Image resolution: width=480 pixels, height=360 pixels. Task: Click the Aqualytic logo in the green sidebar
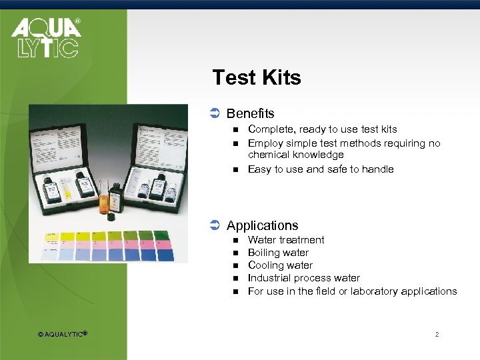tap(45, 38)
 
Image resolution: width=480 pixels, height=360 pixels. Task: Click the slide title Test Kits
tap(257, 78)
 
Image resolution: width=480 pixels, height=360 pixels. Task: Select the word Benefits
tap(250, 114)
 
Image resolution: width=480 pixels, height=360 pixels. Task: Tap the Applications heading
tap(262, 225)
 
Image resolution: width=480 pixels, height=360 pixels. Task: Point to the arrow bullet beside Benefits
tap(215, 114)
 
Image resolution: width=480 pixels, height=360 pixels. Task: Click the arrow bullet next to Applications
tap(215, 225)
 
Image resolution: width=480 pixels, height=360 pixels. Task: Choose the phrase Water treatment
tap(286, 240)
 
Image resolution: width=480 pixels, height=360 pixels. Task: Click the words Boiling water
tap(278, 253)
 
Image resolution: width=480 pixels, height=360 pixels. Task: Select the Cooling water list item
tap(280, 265)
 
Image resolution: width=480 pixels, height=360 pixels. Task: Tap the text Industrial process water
tap(303, 278)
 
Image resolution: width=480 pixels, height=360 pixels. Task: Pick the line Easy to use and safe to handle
tap(321, 169)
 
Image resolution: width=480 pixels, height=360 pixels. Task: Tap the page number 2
tap(437, 334)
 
